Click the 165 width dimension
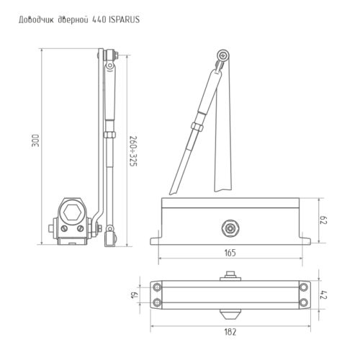pos(230,253)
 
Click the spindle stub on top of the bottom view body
pos(230,273)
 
